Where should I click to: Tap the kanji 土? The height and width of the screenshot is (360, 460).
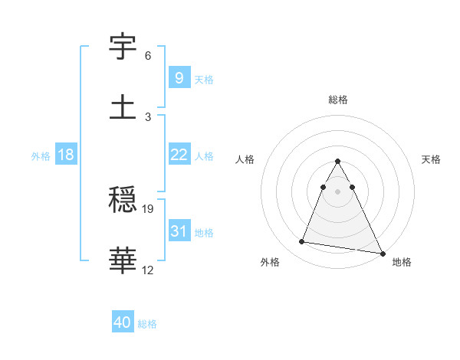123,106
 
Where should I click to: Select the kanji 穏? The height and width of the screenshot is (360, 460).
123,201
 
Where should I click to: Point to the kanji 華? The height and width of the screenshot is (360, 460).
123,261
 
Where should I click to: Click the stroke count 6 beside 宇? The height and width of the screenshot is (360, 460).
148,56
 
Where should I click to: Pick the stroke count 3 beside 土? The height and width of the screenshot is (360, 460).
148,116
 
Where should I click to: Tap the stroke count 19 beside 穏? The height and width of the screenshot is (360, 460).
149,208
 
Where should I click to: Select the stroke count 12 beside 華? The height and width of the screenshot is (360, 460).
149,270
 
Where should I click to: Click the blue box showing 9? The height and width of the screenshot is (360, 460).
179,77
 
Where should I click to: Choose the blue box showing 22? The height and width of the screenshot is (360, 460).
179,155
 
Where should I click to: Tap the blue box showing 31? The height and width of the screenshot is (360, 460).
179,231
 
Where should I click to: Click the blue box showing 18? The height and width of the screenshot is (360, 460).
66,155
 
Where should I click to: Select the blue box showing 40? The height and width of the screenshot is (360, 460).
123,323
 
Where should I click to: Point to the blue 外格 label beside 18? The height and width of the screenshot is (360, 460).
41,156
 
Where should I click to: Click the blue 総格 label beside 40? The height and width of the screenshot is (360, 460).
147,325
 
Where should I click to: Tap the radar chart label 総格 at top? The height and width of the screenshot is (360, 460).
338,100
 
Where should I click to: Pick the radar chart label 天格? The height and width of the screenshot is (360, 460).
432,159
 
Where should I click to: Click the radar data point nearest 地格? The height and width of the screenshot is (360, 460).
382,253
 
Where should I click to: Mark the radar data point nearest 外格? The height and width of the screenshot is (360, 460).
302,242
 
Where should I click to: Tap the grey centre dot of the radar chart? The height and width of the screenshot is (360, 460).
338,191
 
